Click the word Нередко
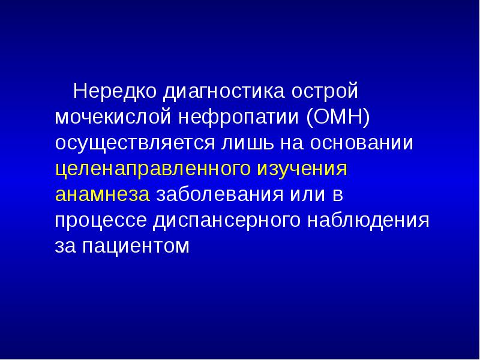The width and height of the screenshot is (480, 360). (x=112, y=92)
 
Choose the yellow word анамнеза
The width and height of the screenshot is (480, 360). (x=102, y=195)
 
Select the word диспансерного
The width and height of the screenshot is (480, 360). (x=227, y=221)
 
